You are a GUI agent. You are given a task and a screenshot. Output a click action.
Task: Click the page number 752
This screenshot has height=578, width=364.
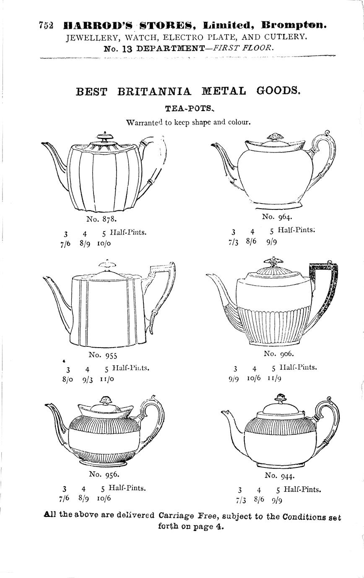tap(46, 25)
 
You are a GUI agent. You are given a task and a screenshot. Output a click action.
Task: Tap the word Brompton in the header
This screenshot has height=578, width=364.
tap(294, 25)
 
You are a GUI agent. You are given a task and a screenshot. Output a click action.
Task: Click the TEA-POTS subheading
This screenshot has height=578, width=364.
tap(190, 108)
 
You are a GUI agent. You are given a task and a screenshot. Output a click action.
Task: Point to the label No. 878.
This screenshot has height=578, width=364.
tap(101, 219)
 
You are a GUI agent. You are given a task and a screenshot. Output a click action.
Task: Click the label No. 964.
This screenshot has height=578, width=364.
tap(277, 217)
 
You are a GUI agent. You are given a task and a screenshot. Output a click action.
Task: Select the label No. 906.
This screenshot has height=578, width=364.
tap(279, 354)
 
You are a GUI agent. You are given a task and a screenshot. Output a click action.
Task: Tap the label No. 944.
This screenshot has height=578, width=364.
tap(280, 475)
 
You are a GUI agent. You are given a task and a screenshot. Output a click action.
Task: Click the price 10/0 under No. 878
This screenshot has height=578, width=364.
tap(104, 243)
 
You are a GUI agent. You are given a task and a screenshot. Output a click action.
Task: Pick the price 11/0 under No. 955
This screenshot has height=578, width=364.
tap(107, 379)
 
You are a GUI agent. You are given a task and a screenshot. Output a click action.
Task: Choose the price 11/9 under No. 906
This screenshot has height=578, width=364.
tap(274, 378)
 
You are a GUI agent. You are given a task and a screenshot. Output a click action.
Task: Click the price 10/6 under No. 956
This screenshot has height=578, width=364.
tap(104, 498)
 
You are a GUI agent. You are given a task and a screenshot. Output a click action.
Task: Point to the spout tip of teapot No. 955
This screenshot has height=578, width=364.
tap(44, 278)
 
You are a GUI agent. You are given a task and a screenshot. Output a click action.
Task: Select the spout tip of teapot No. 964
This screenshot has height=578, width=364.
tap(212, 145)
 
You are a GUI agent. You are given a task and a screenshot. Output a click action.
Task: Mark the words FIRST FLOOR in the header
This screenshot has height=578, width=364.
tap(242, 48)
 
